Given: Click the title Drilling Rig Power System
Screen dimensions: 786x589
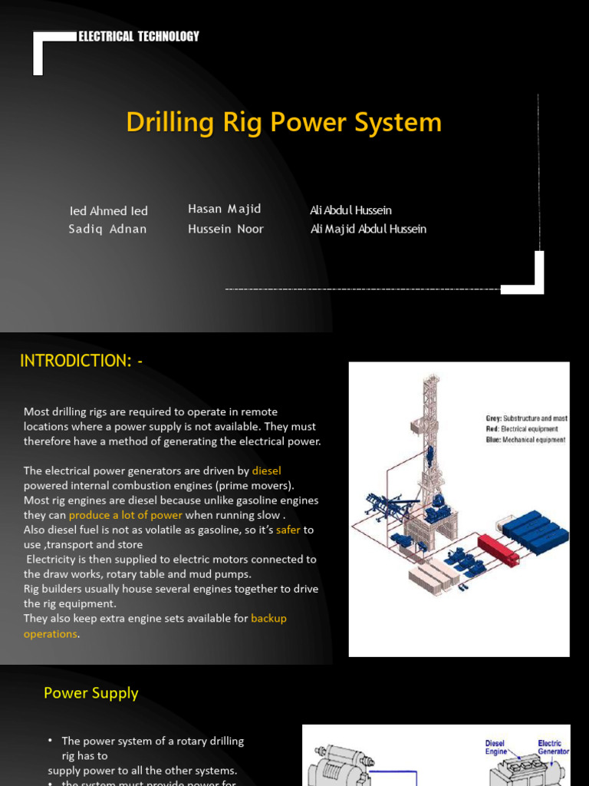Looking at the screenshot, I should tap(284, 122).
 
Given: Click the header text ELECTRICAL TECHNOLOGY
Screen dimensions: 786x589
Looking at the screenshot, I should tap(139, 36).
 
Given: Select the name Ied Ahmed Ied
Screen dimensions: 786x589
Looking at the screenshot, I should tap(108, 211).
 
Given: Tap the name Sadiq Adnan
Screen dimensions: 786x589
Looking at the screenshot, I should tap(107, 229).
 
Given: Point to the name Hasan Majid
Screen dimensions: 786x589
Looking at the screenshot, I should tap(224, 209).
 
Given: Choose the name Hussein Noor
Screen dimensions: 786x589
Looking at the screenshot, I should tap(225, 229).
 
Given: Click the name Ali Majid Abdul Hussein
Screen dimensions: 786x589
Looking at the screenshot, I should tap(368, 229).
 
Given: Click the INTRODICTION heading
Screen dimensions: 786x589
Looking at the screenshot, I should tap(81, 361).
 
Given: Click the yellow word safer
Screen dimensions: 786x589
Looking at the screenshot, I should tap(288, 530).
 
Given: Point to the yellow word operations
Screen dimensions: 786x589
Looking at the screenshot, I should tap(50, 634).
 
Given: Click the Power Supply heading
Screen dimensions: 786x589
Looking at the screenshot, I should tap(90, 693).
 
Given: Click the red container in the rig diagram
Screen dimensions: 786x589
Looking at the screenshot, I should tap(498, 547).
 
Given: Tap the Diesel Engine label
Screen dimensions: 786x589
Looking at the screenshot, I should tap(495, 748).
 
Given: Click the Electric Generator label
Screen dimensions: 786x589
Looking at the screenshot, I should tap(552, 748).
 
